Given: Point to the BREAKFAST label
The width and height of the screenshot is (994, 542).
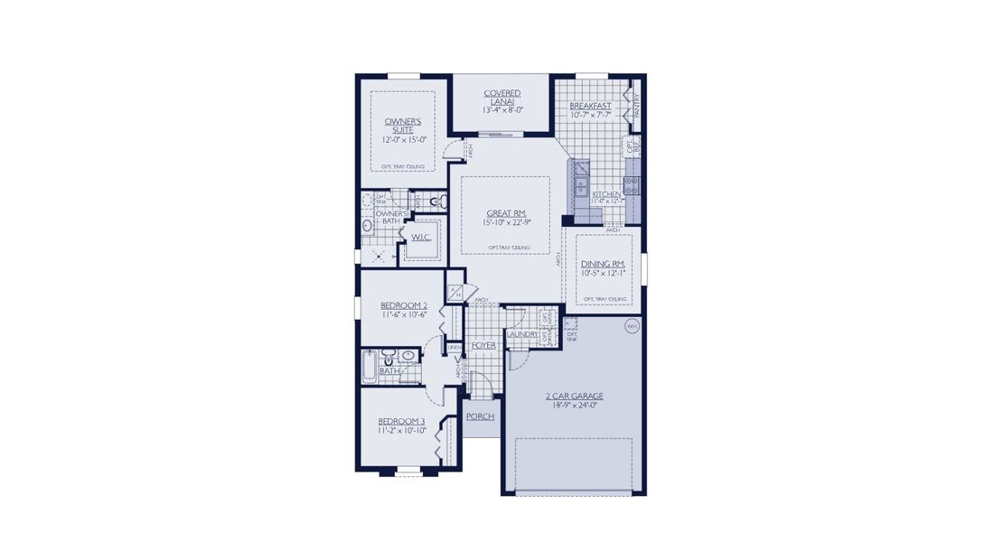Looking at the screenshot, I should click(590, 106).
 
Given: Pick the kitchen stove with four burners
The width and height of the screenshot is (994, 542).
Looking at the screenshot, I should click(632, 187).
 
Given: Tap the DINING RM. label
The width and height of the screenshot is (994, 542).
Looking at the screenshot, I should click(604, 263).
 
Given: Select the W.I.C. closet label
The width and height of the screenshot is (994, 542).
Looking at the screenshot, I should click(421, 238).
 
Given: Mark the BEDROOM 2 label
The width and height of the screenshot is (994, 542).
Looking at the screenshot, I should click(403, 306).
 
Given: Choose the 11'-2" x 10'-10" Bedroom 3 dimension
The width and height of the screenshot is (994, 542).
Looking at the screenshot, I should click(401, 431).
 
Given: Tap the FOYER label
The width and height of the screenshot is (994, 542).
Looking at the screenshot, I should click(483, 345).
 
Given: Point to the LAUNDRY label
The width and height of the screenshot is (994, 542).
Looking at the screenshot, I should click(522, 335).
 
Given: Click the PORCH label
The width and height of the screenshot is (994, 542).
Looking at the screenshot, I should click(480, 416).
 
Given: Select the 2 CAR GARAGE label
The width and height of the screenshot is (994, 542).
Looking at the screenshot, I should click(575, 397).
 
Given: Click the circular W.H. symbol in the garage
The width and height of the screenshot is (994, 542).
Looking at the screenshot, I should click(630, 326).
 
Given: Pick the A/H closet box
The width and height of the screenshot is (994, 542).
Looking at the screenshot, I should click(455, 293).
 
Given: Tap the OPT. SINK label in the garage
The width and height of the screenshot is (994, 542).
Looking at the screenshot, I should click(571, 335).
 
